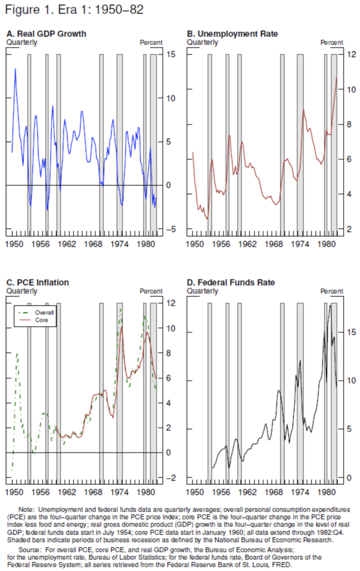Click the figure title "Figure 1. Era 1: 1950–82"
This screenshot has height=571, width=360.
(x=74, y=10)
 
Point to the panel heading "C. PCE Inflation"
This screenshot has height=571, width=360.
(x=38, y=283)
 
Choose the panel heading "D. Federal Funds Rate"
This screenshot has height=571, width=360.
(x=231, y=283)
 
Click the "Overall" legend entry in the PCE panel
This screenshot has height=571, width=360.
(x=46, y=313)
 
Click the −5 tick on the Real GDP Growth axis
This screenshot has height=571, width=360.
(x=170, y=229)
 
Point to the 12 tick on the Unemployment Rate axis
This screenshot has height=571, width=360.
(x=351, y=54)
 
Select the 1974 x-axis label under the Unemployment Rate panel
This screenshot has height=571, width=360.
(x=300, y=244)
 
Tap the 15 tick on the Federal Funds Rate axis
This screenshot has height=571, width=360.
(x=351, y=332)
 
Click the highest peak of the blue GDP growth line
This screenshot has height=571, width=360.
(x=15, y=69)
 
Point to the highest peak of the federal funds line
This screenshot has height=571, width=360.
(x=330, y=305)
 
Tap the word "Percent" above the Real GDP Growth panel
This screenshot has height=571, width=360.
(x=151, y=42)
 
